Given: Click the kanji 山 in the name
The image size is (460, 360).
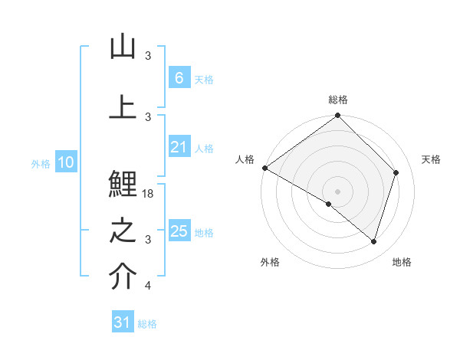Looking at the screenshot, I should (123, 47).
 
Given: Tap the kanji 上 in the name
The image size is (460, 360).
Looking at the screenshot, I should (123, 106).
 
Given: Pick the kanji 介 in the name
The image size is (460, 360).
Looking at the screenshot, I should (123, 277).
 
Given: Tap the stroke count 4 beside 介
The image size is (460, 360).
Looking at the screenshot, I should (148, 286).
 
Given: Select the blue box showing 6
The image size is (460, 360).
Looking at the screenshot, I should (179, 77).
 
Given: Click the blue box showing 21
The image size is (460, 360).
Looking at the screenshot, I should (179, 147).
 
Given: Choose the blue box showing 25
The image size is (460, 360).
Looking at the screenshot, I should (179, 231).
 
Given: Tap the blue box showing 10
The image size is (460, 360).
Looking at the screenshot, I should (65, 162).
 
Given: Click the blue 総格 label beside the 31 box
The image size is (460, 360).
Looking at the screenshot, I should (147, 324).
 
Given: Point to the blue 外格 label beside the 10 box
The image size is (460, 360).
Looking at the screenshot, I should (41, 163).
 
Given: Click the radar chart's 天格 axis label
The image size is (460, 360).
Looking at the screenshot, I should (432, 159).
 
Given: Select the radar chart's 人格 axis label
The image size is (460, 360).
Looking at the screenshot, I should (245, 159).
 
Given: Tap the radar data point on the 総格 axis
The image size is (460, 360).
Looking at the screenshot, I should (337, 116).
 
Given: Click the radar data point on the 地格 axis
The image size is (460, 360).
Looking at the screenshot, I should (373, 241).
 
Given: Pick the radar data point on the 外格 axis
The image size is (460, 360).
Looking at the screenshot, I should (329, 204).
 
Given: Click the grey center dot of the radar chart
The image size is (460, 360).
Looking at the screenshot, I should (337, 191).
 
